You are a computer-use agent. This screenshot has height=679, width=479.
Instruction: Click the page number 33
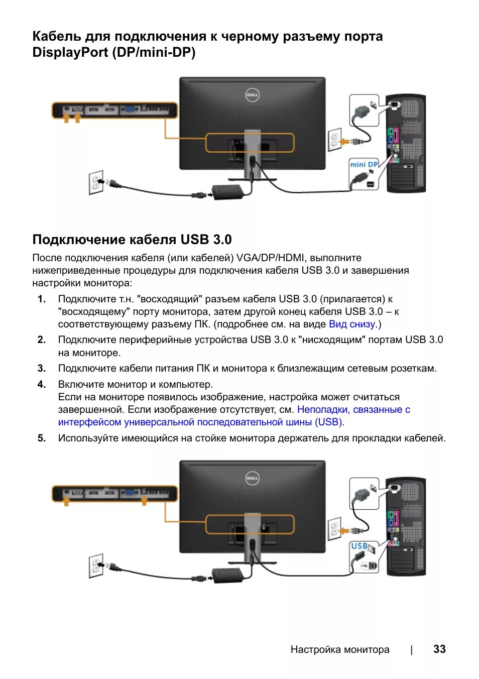(x=439, y=649)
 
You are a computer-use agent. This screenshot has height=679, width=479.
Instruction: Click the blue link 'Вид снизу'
(x=352, y=324)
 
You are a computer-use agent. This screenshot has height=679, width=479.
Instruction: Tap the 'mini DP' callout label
(x=364, y=164)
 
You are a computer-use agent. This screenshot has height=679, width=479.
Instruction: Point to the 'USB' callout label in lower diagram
(x=359, y=546)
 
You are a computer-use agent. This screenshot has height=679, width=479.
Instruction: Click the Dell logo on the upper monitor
(x=252, y=95)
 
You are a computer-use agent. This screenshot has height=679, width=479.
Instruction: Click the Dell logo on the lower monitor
(x=252, y=478)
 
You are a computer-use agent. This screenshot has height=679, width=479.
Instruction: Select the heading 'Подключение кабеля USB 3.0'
(x=132, y=239)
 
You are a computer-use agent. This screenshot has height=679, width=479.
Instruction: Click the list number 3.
(x=42, y=368)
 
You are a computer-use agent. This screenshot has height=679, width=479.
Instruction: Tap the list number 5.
(x=42, y=438)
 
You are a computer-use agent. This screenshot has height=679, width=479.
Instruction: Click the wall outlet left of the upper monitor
(x=95, y=182)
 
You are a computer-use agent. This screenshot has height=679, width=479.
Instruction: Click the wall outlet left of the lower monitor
(x=95, y=565)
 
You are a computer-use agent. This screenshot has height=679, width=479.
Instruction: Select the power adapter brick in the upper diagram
(x=227, y=191)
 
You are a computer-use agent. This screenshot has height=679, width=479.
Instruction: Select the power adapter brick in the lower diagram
(x=227, y=574)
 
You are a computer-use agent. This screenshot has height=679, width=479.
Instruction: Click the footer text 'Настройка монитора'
(x=340, y=649)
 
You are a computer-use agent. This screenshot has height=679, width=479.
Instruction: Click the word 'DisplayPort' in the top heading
(x=70, y=52)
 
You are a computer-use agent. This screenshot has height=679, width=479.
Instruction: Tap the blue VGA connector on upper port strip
(x=129, y=109)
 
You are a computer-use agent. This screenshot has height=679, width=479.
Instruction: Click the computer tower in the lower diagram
(x=406, y=526)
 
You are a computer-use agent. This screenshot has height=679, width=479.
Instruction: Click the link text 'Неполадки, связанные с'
(x=353, y=409)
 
